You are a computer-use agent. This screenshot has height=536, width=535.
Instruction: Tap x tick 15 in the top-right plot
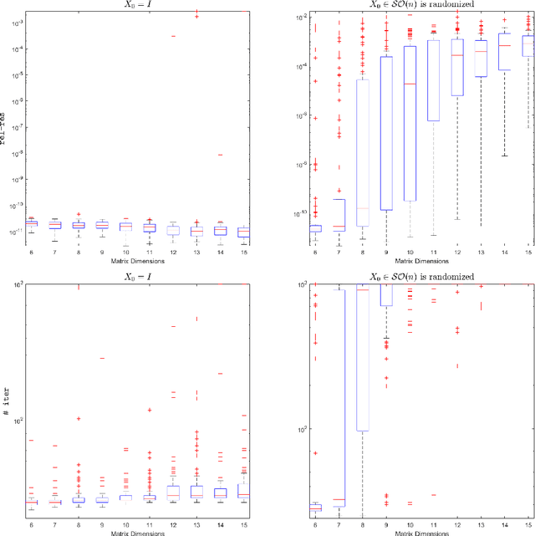pyautogui.click(x=528, y=252)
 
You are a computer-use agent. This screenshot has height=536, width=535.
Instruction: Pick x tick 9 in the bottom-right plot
pyautogui.click(x=386, y=523)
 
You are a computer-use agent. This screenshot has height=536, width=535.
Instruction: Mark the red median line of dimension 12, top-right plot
pyautogui.click(x=457, y=55)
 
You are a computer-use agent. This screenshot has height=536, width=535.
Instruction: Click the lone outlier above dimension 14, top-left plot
pyautogui.click(x=220, y=154)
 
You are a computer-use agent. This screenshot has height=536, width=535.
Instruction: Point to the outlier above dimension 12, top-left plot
pyautogui.click(x=173, y=36)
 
